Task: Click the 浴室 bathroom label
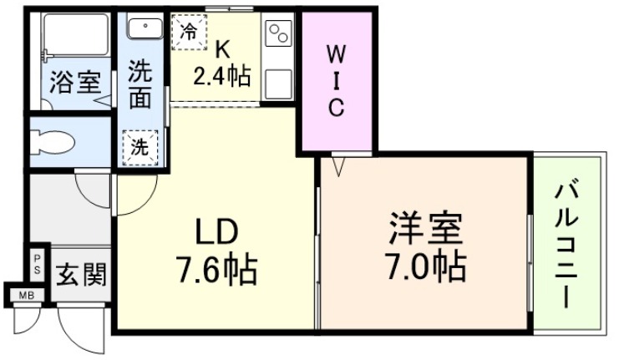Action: point(75,84)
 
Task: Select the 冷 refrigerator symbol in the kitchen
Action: point(190,33)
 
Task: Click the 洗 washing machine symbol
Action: point(140,148)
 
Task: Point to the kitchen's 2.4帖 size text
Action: point(222,78)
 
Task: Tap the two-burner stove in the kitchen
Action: point(277,34)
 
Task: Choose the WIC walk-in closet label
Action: point(336,81)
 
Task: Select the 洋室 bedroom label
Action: point(425,228)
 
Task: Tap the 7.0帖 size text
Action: point(425,266)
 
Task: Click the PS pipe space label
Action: point(37,264)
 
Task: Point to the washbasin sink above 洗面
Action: point(146,26)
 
